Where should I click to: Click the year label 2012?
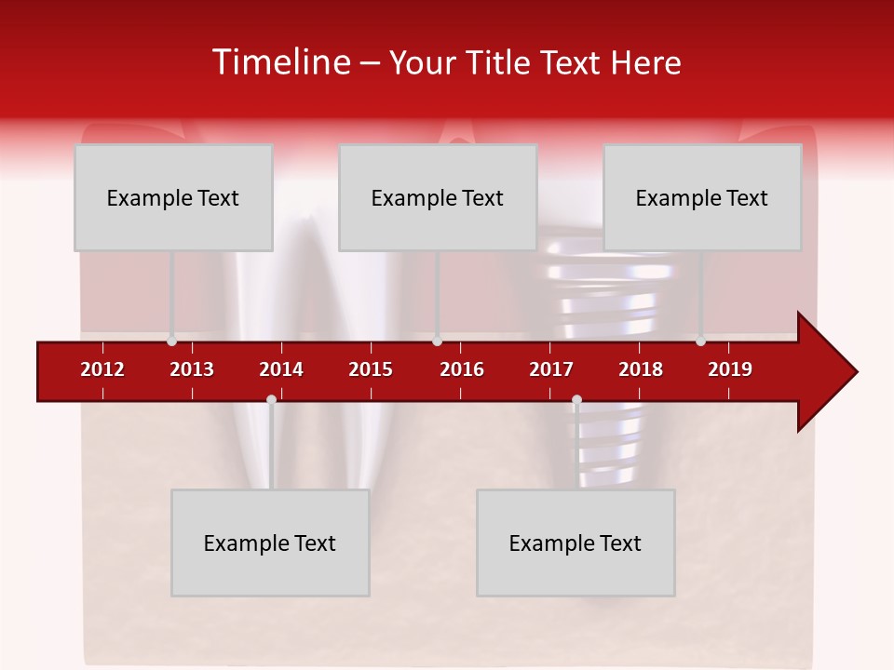click(102, 369)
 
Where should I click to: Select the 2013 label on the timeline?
click(192, 369)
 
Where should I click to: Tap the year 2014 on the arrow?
click(281, 369)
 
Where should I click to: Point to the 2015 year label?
click(371, 369)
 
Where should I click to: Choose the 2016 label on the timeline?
click(462, 369)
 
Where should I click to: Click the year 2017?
click(551, 369)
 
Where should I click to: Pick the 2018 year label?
click(641, 369)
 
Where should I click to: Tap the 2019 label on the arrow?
click(730, 369)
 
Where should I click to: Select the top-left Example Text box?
click(173, 198)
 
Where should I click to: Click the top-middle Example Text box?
click(438, 198)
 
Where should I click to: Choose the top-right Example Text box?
click(702, 198)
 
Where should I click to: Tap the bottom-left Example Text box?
click(270, 543)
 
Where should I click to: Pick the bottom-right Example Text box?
click(576, 543)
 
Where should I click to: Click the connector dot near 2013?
click(171, 341)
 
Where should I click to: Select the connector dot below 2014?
click(271, 400)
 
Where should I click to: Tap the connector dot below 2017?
click(576, 400)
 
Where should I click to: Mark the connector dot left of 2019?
click(700, 341)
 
